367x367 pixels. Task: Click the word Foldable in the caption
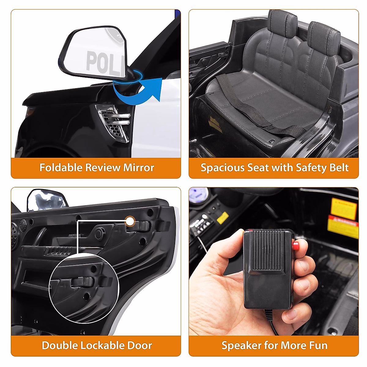61,168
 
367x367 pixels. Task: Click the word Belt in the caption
339,168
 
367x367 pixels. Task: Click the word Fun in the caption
318,345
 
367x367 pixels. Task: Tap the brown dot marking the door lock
130,221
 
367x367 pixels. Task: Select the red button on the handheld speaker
296,245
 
